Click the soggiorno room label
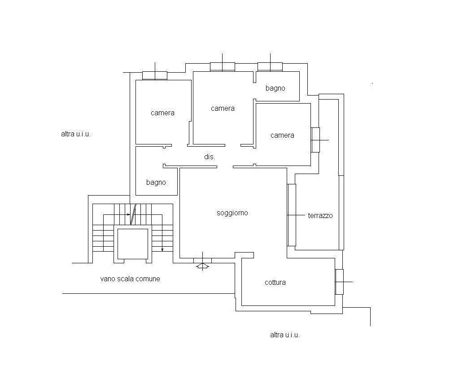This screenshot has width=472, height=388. [x=232, y=213]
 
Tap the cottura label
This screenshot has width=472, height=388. [x=275, y=282]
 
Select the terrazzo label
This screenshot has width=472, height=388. [x=320, y=215]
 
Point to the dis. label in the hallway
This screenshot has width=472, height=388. [x=210, y=157]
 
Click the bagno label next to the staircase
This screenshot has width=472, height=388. [x=156, y=182]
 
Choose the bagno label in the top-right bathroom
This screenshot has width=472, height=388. [x=275, y=88]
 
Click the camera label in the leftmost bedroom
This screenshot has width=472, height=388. [x=162, y=113]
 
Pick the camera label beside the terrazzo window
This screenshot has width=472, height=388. [x=282, y=135]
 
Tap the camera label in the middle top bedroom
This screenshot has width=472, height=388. [x=223, y=109]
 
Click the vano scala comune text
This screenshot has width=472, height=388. [x=130, y=279]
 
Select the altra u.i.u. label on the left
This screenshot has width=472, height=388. [x=76, y=134]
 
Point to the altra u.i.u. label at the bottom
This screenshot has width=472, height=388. [x=285, y=335]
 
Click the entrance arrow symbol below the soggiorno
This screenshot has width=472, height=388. [x=203, y=266]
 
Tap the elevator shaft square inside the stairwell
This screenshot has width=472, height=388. [x=133, y=244]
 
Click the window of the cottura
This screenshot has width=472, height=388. [x=339, y=282]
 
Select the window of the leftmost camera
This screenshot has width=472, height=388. [x=155, y=75]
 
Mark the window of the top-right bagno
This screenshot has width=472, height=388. [x=270, y=67]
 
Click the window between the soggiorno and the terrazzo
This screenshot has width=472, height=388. [x=292, y=215]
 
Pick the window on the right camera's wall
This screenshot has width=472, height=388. [x=315, y=140]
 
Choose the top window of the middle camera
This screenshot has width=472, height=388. [x=223, y=67]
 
